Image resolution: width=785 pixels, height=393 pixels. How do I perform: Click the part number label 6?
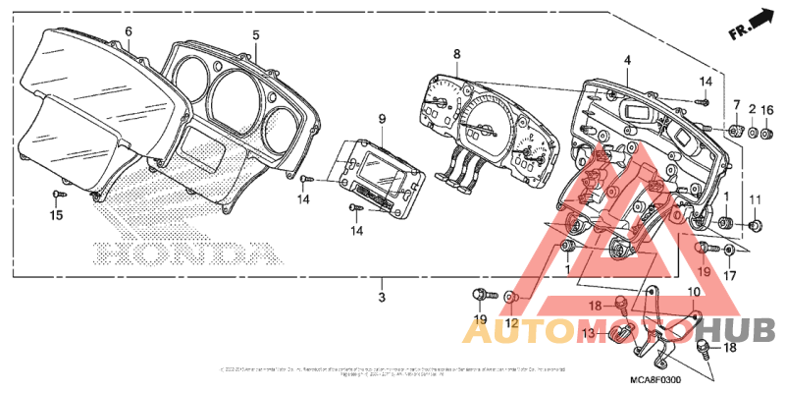pos(128,31)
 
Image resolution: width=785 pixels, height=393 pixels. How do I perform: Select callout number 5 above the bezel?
pos(255,35)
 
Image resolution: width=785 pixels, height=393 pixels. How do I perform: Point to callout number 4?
pos(626,61)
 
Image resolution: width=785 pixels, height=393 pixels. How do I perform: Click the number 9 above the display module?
pos(383,119)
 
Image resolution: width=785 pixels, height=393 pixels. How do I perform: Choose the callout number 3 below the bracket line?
pos(383,295)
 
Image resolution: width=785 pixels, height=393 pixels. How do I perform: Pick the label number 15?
pos(56,215)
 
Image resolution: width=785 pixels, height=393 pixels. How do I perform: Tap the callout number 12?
pos(511,323)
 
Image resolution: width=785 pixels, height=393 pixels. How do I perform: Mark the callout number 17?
pos(729,277)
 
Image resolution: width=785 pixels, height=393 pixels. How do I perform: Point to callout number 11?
pos(755,201)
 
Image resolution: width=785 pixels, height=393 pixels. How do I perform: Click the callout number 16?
pos(767,109)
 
